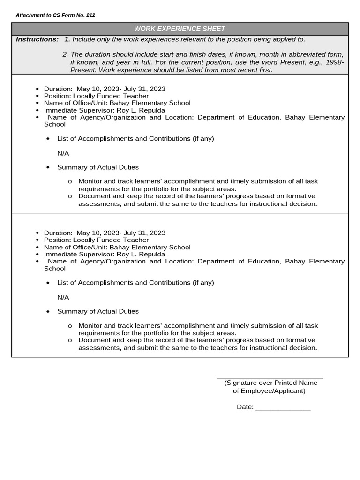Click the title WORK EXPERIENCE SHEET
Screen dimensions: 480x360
pos(180,29)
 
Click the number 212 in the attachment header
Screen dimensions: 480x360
pos(90,15)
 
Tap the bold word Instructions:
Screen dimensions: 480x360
pos(37,39)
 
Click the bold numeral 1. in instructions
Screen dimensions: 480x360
pos(67,39)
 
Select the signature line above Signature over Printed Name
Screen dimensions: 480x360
pos(270,377)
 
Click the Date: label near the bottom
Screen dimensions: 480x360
pos(245,407)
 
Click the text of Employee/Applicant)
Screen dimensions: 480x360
pos(269,390)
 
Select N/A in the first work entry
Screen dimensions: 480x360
pos(63,153)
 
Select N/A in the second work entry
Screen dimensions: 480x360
pos(63,297)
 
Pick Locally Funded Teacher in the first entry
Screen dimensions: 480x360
pos(111,96)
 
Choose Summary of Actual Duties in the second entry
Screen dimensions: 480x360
pos(98,311)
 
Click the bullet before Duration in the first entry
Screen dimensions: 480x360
pos(37,89)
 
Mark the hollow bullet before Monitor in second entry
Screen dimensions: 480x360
pos(70,326)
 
